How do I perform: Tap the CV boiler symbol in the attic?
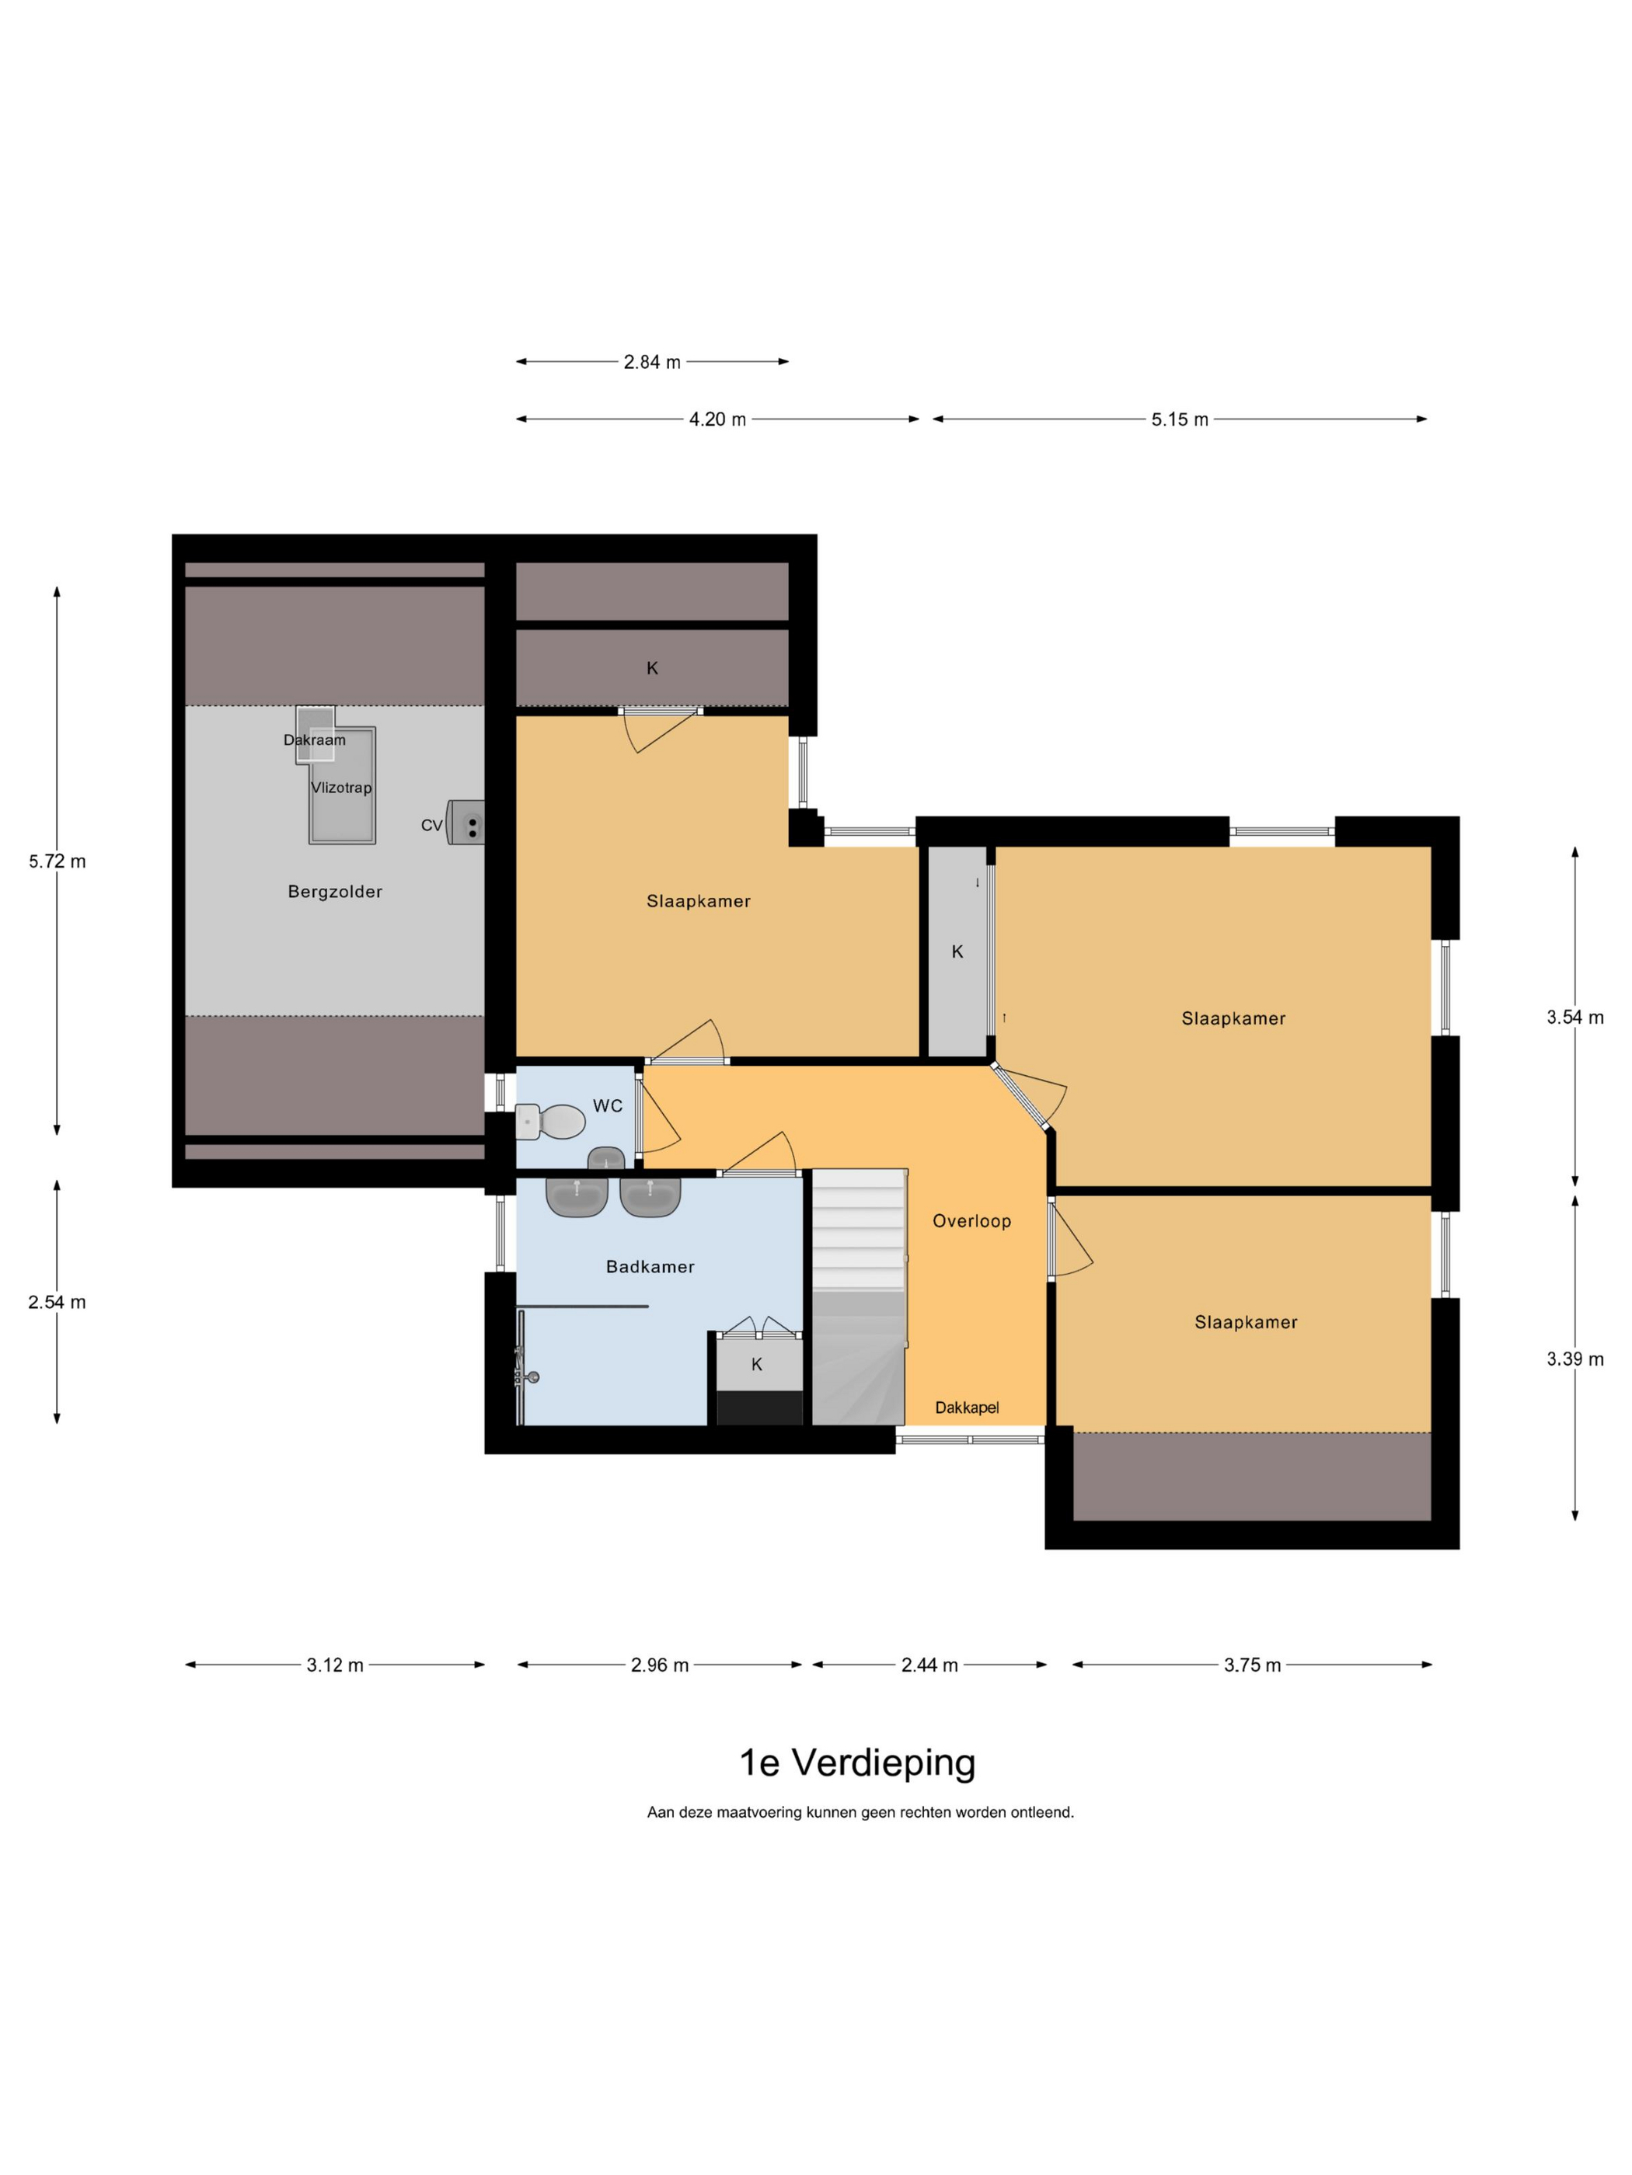tap(466, 822)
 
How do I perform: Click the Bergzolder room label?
tap(334, 892)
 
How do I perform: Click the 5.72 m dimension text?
tap(57, 861)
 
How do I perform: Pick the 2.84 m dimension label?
tap(652, 362)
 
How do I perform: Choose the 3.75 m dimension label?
tap(1252, 1665)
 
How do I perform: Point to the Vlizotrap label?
tap(341, 788)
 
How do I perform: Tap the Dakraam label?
tap(315, 739)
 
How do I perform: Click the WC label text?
tap(608, 1105)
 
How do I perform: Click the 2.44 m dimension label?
tap(929, 1665)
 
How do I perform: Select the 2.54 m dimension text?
tap(57, 1302)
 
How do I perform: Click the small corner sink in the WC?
tap(606, 1158)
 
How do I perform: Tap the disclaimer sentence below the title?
tap(860, 1812)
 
